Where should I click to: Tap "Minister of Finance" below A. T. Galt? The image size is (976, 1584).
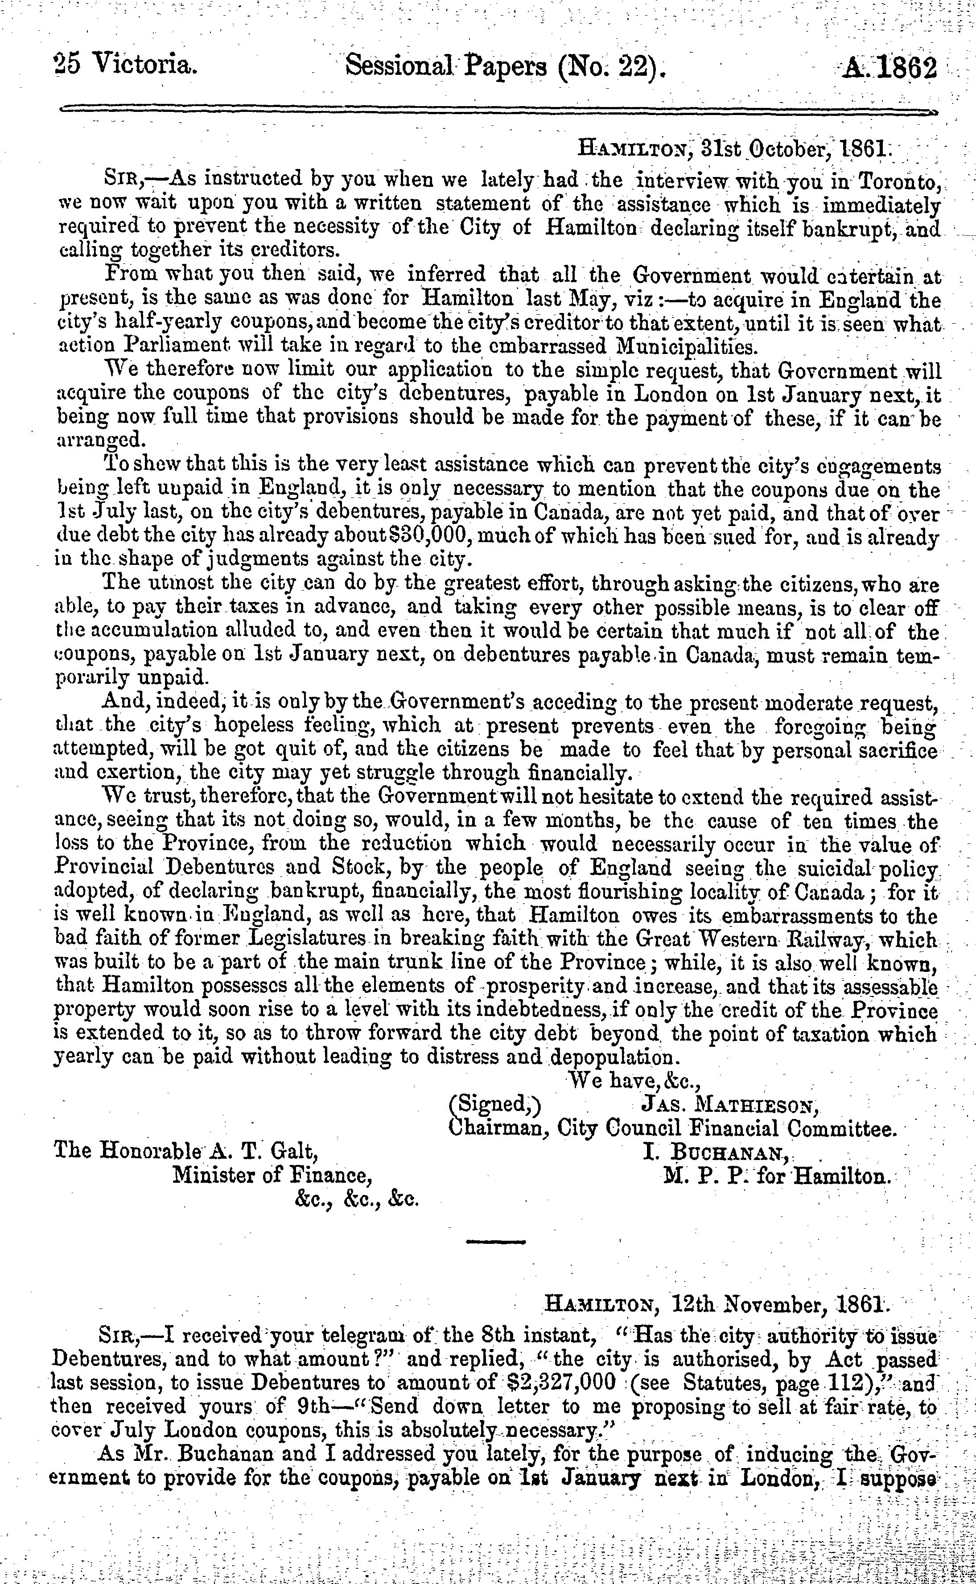[272, 1176]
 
